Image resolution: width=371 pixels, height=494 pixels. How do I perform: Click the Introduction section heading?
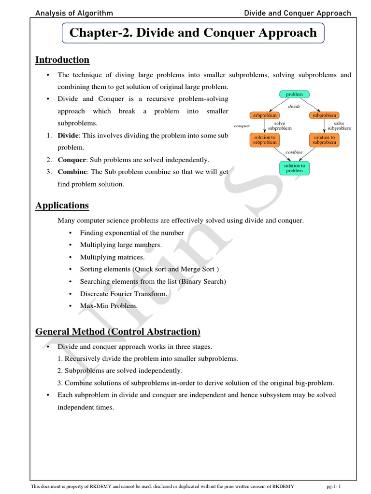(x=62, y=60)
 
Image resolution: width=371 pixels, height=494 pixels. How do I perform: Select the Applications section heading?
(x=62, y=206)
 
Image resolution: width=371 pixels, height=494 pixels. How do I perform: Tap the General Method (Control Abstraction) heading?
(x=118, y=332)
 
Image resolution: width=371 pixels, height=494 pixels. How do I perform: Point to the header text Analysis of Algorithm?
(x=74, y=13)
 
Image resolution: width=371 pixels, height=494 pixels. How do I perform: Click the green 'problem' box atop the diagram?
(x=294, y=95)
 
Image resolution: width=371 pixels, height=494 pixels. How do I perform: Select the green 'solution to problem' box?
(x=294, y=168)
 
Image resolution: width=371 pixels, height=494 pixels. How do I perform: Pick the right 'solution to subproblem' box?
(x=324, y=140)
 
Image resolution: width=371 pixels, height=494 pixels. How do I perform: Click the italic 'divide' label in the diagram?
(x=294, y=106)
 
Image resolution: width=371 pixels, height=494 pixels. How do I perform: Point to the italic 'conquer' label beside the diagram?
(x=242, y=126)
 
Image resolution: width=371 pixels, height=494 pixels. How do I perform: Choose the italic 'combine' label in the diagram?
(x=294, y=152)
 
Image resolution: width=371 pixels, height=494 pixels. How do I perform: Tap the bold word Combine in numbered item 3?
(x=72, y=172)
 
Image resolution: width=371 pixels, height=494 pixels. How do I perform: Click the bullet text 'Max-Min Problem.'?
(x=109, y=305)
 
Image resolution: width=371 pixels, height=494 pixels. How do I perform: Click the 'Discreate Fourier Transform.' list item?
(x=124, y=293)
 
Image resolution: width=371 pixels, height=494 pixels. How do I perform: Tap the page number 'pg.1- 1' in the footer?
(x=337, y=487)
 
